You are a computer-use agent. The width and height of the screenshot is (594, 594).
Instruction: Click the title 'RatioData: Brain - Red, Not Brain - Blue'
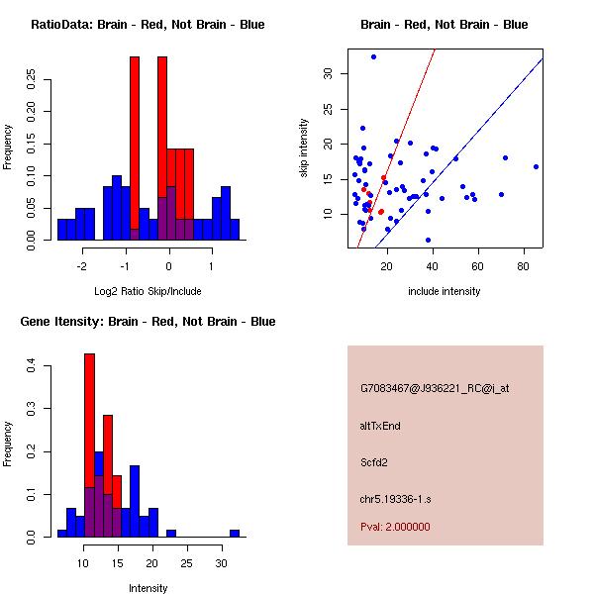click(148, 25)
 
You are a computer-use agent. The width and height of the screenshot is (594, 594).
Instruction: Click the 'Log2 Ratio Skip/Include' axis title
click(148, 291)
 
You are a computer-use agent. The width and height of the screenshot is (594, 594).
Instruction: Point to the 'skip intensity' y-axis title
click(304, 148)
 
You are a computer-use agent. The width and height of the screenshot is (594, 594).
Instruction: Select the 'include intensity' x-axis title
click(445, 291)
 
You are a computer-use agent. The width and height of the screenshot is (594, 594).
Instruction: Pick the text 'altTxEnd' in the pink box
click(380, 426)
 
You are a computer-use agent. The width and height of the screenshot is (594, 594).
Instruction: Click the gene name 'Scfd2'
click(374, 461)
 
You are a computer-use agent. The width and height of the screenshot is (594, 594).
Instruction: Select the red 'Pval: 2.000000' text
click(395, 527)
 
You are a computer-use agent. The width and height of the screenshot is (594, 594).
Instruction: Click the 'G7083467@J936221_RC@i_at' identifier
click(426, 389)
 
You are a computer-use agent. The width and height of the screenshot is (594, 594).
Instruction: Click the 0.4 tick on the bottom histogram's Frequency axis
click(30, 367)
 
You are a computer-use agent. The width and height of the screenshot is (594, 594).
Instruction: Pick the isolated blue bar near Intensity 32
click(235, 533)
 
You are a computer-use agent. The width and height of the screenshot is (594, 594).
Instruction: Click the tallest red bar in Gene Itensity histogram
click(89, 445)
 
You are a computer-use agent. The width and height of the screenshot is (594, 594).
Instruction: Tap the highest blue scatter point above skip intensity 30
click(373, 56)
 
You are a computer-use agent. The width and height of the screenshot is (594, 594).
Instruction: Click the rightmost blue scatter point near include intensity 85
click(536, 166)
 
